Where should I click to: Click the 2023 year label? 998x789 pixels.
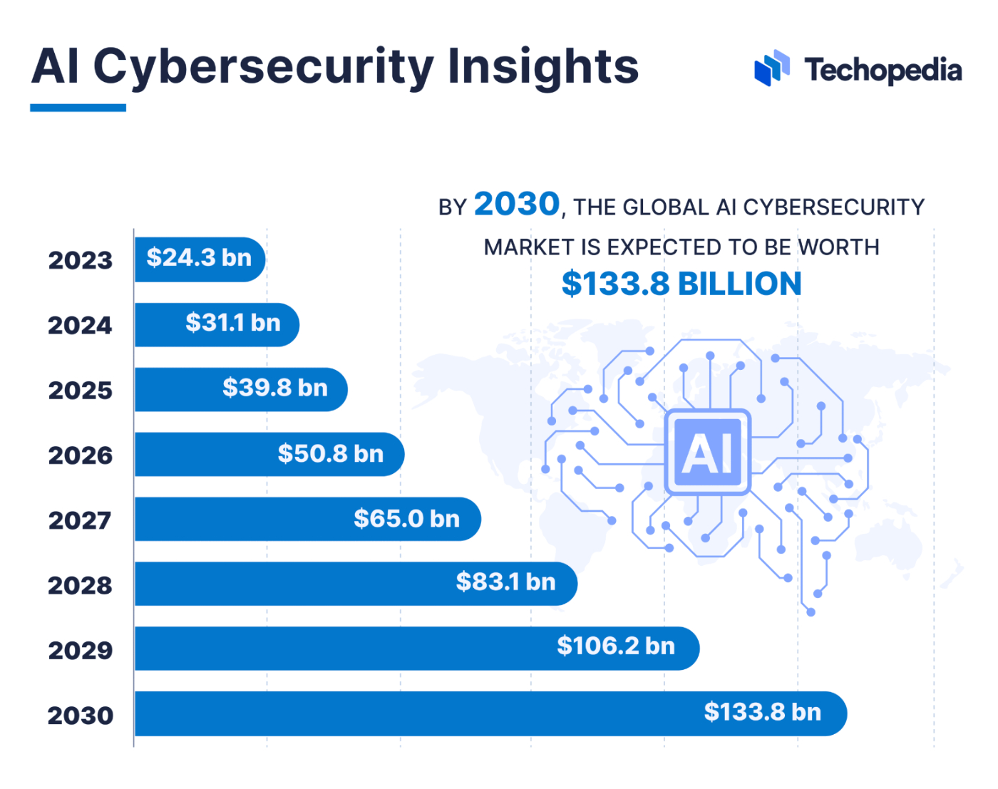(80, 260)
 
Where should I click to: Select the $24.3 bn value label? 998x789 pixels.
(199, 258)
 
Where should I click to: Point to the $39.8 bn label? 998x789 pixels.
(274, 388)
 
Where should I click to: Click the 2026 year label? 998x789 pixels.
(80, 455)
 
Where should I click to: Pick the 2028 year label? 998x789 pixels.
(80, 585)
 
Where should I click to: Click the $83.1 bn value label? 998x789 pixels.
(505, 582)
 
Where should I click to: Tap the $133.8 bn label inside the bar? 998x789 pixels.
(762, 712)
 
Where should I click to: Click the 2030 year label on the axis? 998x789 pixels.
(80, 715)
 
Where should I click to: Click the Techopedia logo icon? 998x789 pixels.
(772, 68)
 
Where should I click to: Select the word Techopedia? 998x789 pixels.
(883, 71)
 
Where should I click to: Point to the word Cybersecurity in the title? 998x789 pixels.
(263, 68)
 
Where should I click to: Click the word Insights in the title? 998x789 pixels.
(542, 68)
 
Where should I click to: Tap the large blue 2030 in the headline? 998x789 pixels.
(517, 205)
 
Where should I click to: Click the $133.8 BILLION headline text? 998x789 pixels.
(681, 284)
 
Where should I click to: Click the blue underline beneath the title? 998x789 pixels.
(78, 108)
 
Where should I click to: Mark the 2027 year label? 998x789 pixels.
(80, 520)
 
